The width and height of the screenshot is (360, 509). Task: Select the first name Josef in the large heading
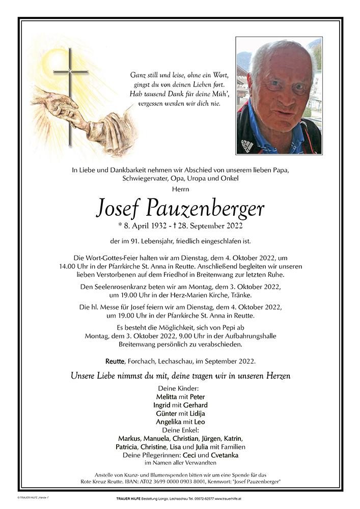point(125,207)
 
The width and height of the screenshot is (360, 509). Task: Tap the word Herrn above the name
point(180,189)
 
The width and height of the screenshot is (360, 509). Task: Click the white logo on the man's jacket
point(247,145)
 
